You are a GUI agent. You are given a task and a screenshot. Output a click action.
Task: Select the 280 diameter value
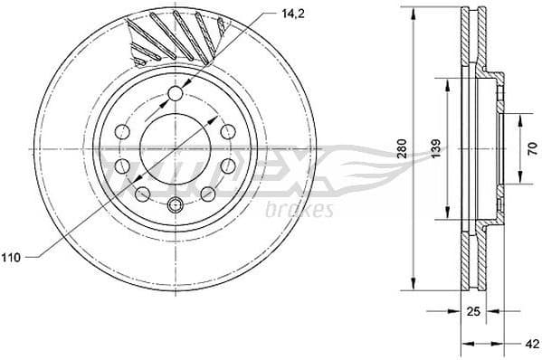pos(402,150)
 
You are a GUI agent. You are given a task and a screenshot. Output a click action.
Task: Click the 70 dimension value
pos(531,150)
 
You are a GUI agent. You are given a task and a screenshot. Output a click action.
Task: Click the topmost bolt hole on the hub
pos(176,93)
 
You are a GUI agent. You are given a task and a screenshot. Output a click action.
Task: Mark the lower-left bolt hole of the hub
pos(142,193)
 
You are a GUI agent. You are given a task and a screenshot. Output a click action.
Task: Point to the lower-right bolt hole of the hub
pos(209,193)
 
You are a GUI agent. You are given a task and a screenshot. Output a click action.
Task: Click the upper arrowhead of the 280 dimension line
pos(413,13)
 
